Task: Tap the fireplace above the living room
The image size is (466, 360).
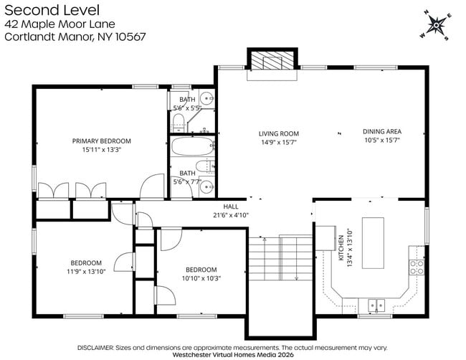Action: click(272, 62)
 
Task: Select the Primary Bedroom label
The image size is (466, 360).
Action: click(102, 141)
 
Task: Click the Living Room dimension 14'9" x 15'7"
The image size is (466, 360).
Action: click(279, 142)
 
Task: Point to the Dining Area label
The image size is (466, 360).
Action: click(381, 131)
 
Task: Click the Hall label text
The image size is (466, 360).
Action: click(230, 206)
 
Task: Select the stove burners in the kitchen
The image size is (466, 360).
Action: click(417, 268)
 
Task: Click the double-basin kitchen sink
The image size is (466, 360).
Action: click(376, 305)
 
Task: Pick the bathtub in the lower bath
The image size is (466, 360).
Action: click(192, 147)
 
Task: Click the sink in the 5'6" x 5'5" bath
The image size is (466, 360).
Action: click(206, 99)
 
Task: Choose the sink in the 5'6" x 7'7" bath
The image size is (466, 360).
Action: click(206, 187)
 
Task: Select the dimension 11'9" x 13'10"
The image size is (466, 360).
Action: click(86, 271)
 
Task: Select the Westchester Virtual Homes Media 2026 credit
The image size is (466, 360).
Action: click(233, 354)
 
